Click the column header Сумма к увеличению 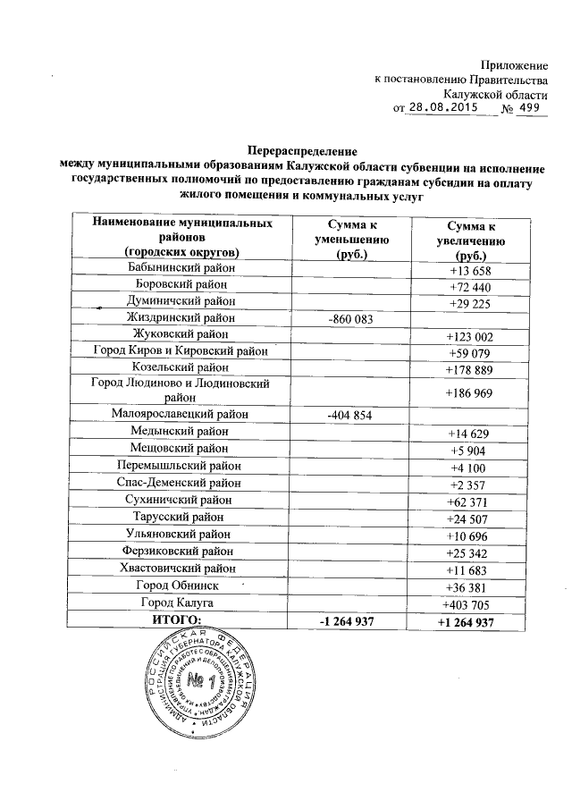pos(471,240)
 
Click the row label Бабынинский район pos(181,269)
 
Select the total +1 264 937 pos(471,619)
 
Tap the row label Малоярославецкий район pos(181,415)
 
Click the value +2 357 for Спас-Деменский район pos(471,484)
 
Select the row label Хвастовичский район pos(181,569)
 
